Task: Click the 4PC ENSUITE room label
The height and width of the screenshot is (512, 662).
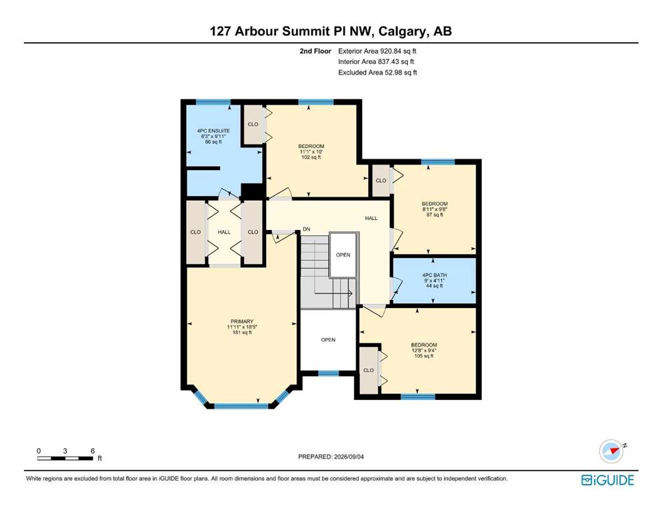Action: (x=213, y=131)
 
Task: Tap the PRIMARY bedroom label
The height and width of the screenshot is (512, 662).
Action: (x=242, y=321)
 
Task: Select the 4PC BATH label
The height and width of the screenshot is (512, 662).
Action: (x=435, y=275)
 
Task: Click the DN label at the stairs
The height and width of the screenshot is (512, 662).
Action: (x=307, y=229)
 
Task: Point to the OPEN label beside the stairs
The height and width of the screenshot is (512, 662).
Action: (x=343, y=255)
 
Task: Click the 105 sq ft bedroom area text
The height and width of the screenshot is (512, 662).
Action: (x=424, y=356)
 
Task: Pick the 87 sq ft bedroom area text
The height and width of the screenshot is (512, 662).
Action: (x=435, y=215)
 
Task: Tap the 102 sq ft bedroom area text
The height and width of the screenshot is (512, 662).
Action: (x=311, y=157)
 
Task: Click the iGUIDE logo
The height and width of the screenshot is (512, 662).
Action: (x=607, y=480)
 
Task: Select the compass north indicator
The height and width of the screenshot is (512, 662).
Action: (x=612, y=451)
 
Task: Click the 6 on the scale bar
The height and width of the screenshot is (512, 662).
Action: (x=93, y=451)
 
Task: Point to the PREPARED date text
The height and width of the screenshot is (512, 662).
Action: (x=331, y=457)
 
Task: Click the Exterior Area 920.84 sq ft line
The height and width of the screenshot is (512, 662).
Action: (x=377, y=51)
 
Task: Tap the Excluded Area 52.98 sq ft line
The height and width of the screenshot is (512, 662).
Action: (x=377, y=73)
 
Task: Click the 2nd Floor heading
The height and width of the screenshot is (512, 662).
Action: (x=315, y=51)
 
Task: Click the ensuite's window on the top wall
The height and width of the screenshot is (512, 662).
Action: (x=213, y=102)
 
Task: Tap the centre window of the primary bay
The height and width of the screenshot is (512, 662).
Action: (x=241, y=406)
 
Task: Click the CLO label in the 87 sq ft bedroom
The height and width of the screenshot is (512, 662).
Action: (x=381, y=180)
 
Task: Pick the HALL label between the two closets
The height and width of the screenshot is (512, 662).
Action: (x=224, y=232)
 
